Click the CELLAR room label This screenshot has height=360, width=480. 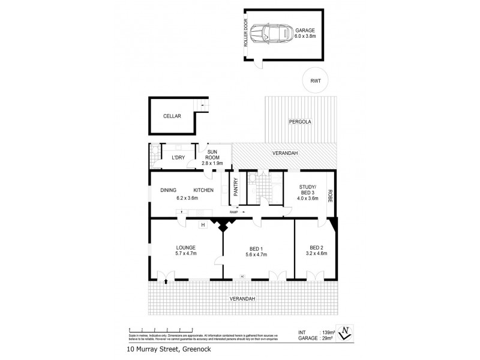(x=172, y=116)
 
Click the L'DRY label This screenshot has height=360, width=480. (x=178, y=158)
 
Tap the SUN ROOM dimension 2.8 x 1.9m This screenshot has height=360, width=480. (x=212, y=163)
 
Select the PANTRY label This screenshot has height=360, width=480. (x=236, y=187)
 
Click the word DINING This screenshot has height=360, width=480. (x=168, y=190)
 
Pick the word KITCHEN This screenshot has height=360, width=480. (x=203, y=190)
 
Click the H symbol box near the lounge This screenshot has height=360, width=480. (x=203, y=225)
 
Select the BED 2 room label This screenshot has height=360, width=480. (x=316, y=247)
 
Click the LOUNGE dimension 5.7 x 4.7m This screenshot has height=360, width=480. (x=187, y=254)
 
